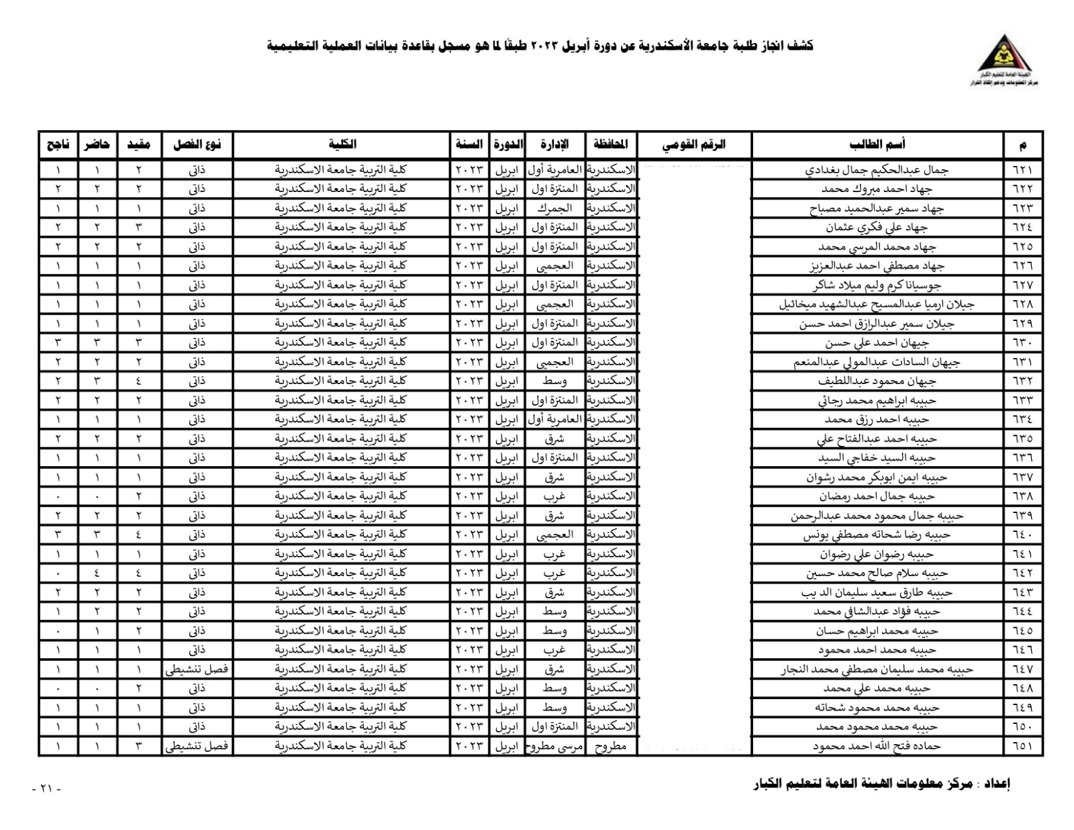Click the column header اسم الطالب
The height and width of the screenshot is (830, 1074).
point(877,144)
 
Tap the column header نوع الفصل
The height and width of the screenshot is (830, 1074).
point(197,144)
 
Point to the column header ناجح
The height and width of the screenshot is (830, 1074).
point(58,144)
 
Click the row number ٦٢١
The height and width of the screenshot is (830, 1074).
point(1022,170)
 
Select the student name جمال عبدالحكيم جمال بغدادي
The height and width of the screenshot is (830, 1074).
point(877,170)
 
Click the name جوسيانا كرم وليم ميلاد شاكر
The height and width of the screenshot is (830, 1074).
point(877,285)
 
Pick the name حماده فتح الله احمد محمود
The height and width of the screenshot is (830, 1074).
point(877,746)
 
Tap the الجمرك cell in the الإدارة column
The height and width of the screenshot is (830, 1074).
point(554,208)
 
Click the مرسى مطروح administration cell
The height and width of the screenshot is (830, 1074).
point(554,746)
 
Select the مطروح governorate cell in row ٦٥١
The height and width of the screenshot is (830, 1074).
point(610,746)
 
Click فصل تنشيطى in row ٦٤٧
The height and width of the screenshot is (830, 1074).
point(197,670)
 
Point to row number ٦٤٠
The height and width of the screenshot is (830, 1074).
point(1022,535)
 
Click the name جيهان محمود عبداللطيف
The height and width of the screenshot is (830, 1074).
point(877,381)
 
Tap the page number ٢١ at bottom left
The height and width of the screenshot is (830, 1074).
point(46,788)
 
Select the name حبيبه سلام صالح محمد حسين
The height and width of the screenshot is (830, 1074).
point(877,573)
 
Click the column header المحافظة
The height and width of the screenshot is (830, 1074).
point(610,144)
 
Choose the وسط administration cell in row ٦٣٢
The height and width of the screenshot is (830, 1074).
point(554,381)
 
